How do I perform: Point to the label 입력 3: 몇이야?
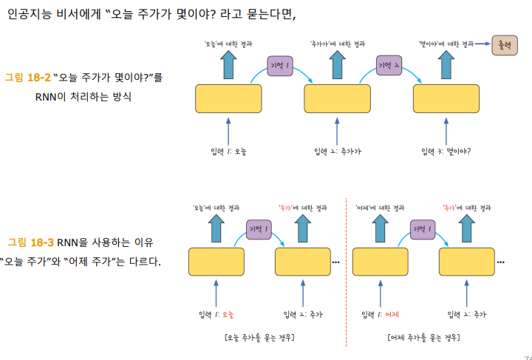pyautogui.click(x=446, y=152)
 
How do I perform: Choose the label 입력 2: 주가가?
pyautogui.click(x=337, y=152)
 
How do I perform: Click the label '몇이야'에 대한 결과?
pyautogui.click(x=446, y=44)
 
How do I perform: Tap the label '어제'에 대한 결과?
pyautogui.click(x=379, y=207)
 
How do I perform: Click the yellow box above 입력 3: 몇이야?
pyautogui.click(x=446, y=99)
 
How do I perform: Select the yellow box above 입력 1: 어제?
pyautogui.click(x=381, y=262)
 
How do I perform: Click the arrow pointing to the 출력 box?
pyautogui.click(x=483, y=45)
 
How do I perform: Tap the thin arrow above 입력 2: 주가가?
pyautogui.click(x=336, y=129)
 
